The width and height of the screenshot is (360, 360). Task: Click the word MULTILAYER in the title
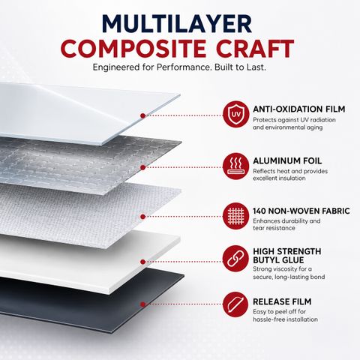[x=177, y=24]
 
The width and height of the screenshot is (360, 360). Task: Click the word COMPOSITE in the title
[x=133, y=49]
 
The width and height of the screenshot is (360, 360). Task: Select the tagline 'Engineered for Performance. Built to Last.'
[x=179, y=67]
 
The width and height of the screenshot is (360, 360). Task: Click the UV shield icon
[x=235, y=114]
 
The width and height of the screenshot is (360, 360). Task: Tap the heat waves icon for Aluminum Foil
[x=235, y=166]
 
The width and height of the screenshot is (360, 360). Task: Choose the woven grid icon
[x=235, y=216]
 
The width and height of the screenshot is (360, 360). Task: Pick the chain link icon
[x=235, y=259]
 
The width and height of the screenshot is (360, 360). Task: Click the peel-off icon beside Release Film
[x=235, y=304]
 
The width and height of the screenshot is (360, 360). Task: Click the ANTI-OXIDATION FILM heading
[x=299, y=109]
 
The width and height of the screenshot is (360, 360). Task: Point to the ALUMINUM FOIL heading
[x=287, y=160]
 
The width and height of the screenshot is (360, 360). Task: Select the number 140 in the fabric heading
[x=259, y=211]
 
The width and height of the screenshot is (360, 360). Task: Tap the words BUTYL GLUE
[x=278, y=260]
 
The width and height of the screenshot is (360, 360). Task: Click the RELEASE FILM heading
[x=282, y=301]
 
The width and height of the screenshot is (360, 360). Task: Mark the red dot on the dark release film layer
[x=142, y=304]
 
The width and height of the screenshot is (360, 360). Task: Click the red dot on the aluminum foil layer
[x=142, y=167]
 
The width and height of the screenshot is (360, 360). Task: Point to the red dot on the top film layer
[x=142, y=115]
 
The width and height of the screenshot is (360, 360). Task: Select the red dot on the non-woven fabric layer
[x=142, y=217]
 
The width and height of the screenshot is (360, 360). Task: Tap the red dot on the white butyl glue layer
[x=142, y=262]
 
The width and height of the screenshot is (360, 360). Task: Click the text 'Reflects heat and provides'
[x=290, y=171]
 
